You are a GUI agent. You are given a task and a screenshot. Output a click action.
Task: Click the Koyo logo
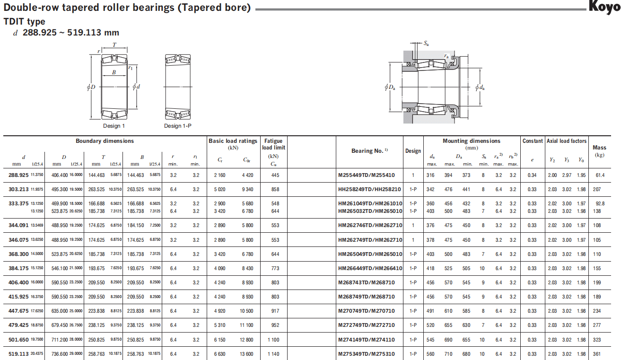(604, 7)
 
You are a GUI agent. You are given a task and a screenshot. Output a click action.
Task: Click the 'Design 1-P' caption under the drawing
(178, 126)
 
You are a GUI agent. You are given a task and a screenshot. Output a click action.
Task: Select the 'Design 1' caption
(114, 126)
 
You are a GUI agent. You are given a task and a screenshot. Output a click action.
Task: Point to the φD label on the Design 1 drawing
(91, 87)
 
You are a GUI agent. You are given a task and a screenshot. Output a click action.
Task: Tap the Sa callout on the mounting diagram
(426, 43)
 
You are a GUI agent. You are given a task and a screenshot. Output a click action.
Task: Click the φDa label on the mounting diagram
(390, 88)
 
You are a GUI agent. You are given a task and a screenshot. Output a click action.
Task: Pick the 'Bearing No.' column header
(369, 151)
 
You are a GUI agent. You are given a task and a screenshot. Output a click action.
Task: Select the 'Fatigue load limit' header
(274, 144)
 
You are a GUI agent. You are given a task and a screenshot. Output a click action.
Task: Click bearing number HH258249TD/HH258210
(369, 189)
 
